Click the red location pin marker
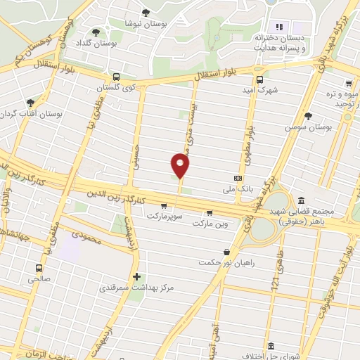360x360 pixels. coord(181,166)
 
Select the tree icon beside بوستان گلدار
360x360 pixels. coord(96,32)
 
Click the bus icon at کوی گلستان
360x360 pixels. coord(116,77)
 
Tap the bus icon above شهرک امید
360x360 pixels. coord(259,79)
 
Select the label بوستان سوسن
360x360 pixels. coord(308,127)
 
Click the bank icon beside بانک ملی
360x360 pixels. coord(238,178)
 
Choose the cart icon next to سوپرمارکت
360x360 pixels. coord(163,206)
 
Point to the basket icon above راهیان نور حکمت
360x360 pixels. coord(226,252)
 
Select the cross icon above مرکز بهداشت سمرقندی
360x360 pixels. coord(136,276)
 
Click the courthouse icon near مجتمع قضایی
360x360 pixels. coord(302,200)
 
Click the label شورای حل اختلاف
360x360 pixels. coord(265,353)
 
